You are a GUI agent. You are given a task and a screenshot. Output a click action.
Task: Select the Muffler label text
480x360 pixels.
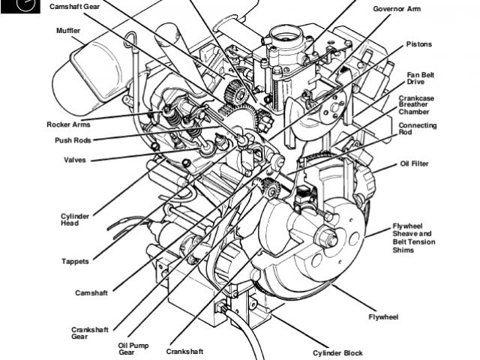coord(68,30)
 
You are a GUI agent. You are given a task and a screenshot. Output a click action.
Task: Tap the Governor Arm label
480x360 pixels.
coord(397,9)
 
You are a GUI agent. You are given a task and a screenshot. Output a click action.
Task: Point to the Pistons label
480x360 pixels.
coord(420,44)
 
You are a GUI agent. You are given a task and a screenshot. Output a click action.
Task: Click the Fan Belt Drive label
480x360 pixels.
coord(421,78)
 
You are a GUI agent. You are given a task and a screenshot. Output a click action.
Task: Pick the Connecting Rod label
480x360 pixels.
coord(418,129)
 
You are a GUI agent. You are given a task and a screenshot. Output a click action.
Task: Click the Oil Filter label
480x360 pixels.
coord(415,163)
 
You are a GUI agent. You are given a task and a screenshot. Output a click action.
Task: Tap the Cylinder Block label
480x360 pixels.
coord(337,352)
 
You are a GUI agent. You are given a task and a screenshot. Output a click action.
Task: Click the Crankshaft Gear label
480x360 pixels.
coord(90,333)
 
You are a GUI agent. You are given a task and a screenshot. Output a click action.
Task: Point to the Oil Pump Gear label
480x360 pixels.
coord(134,349)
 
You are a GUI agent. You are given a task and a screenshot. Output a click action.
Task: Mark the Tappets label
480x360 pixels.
coord(75,261)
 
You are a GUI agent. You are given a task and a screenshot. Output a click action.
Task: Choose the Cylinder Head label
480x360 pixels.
coord(75,220)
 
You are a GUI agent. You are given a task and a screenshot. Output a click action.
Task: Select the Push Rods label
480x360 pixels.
coord(73,139)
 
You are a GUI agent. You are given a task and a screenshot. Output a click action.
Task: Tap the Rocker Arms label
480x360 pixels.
coord(69,124)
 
